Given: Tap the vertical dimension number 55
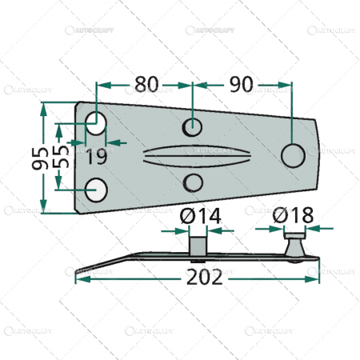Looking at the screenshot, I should pos(61,156).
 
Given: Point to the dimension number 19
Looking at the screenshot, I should pos(95,156).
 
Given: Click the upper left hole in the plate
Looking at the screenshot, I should pos(96,124).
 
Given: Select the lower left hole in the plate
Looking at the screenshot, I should pos(96,190).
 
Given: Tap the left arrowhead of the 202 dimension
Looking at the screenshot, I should pos(78,281).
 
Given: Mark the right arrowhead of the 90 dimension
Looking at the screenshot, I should pos(287,83).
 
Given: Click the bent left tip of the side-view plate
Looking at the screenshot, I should pos(78,270).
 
